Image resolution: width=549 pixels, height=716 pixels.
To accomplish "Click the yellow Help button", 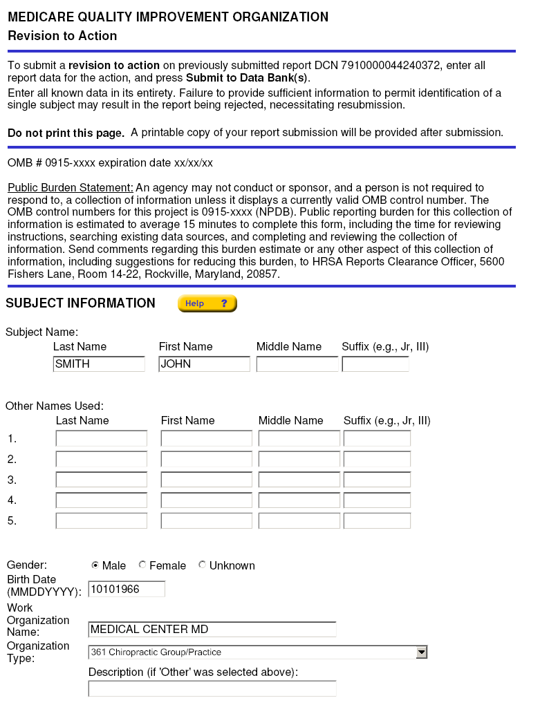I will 207,303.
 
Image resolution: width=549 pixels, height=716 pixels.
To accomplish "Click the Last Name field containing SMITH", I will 99,364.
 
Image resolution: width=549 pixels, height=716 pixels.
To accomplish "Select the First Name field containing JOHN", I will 204,364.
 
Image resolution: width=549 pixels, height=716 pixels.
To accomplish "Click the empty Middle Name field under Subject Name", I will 297,364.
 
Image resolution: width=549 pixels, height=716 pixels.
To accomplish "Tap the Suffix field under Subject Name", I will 375,364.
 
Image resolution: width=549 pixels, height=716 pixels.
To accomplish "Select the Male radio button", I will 95,565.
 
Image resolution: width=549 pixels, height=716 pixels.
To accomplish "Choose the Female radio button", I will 142,565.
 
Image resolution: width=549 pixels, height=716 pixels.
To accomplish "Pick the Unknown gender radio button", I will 202,565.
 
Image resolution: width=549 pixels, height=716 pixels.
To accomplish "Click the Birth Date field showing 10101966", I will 127,589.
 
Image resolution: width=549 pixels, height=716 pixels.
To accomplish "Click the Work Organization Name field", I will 212,630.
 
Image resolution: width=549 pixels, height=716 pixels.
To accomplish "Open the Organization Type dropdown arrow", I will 421,652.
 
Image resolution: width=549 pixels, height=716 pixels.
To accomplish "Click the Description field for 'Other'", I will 212,688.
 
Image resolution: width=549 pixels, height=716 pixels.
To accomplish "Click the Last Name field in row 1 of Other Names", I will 102,439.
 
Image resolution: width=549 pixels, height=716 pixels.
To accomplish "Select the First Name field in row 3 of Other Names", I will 207,480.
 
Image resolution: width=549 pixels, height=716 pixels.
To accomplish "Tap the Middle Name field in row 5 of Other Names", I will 299,520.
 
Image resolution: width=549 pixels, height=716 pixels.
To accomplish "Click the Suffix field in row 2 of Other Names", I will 377,459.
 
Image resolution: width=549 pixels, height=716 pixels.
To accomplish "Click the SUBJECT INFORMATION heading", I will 80,303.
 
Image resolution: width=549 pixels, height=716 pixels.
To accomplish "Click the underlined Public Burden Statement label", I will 70,188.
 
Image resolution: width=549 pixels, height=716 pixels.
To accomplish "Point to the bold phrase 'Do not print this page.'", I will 66,133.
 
